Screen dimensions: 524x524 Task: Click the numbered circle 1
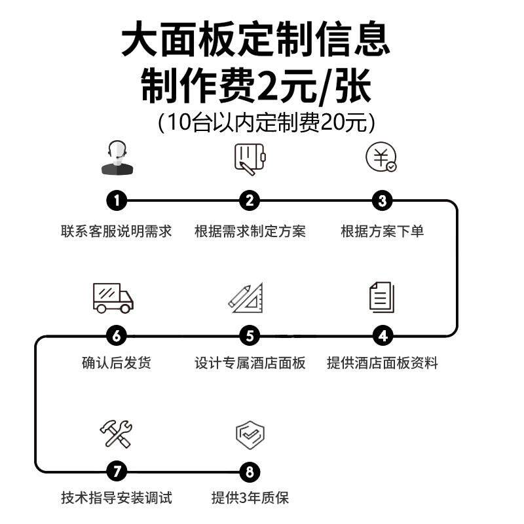tap(117, 200)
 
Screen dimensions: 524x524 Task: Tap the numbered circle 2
tap(250, 200)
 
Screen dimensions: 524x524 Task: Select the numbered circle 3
tap(383, 200)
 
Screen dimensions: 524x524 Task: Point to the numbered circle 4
tap(383, 336)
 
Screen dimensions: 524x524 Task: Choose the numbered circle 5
tap(250, 336)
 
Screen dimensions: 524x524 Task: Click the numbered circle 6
tap(117, 336)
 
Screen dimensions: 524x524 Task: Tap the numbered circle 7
tap(117, 471)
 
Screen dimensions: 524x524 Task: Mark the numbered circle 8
tap(250, 471)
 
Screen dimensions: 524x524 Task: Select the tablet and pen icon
tap(250, 158)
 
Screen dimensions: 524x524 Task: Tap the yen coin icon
tap(381, 157)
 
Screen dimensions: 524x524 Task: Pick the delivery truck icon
tap(113, 297)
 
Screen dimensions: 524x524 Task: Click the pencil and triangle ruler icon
tap(246, 297)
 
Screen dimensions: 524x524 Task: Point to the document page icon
tap(381, 297)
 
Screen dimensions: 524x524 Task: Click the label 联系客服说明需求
tap(117, 231)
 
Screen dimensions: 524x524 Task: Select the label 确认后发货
tap(117, 362)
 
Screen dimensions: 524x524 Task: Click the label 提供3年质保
tap(250, 498)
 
